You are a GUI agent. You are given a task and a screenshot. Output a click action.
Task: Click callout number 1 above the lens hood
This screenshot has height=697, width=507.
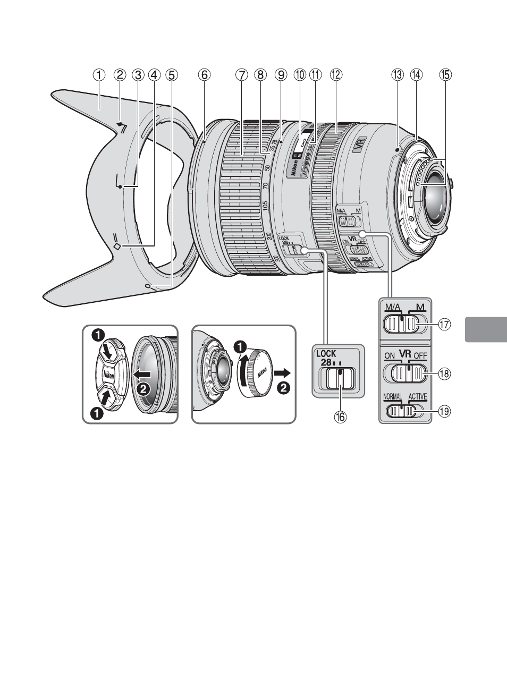[x=99, y=75]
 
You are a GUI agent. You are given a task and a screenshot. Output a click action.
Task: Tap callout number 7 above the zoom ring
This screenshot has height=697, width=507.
[x=242, y=75]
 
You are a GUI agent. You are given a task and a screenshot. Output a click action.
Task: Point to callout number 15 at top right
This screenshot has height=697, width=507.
[x=445, y=75]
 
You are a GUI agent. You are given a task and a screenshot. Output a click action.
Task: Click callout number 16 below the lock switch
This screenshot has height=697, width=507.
[x=339, y=417]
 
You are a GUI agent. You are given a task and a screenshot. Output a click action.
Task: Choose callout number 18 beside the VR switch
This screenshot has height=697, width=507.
[x=445, y=374]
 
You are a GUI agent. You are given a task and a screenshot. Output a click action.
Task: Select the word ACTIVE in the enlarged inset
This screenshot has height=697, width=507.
[x=418, y=397]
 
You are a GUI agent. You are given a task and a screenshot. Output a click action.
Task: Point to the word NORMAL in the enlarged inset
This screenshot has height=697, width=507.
[x=393, y=397]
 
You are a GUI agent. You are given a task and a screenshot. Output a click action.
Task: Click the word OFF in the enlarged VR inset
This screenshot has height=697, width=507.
[x=421, y=355]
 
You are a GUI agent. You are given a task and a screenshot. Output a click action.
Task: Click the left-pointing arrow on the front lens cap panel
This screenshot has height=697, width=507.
[x=143, y=375]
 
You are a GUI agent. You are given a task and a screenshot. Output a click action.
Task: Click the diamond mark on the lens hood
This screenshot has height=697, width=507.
[x=117, y=246]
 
